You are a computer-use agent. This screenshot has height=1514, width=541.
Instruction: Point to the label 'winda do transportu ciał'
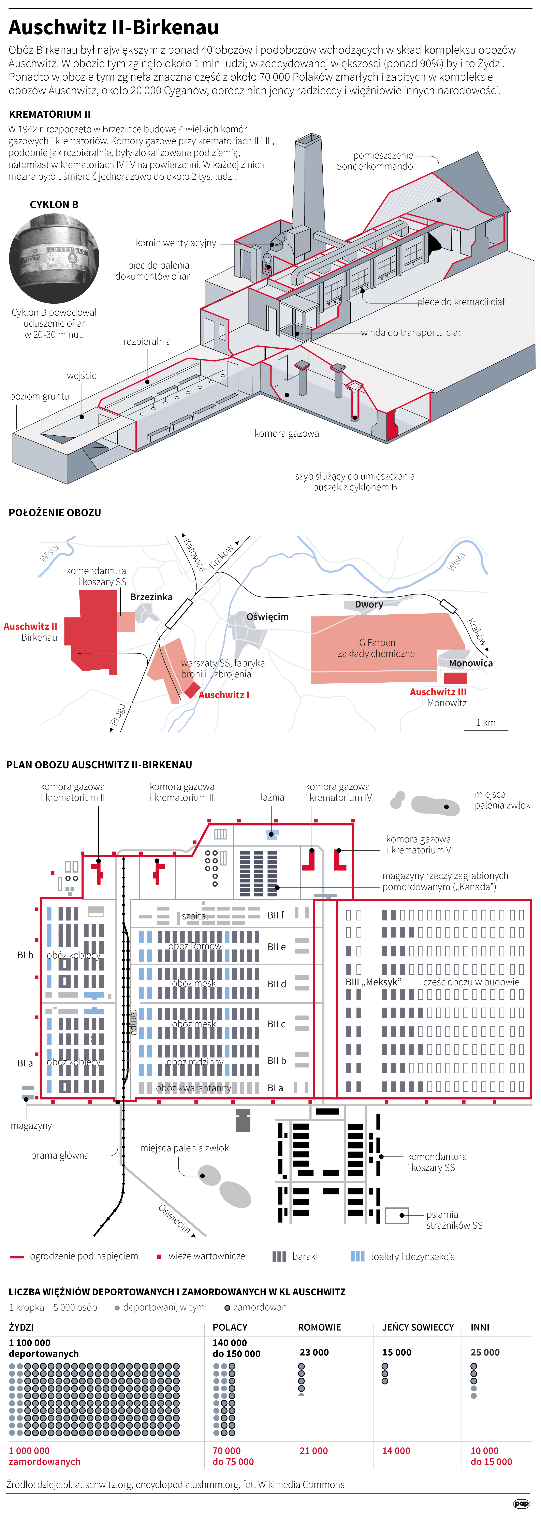(410, 333)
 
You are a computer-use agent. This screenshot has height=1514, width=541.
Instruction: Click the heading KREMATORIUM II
(50, 114)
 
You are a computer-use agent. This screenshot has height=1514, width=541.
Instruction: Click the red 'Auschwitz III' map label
(438, 692)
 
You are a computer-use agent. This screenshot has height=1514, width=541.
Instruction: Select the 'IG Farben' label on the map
(376, 642)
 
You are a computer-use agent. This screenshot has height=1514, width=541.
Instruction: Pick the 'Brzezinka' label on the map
(151, 597)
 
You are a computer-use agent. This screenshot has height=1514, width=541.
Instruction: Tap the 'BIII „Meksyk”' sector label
(374, 982)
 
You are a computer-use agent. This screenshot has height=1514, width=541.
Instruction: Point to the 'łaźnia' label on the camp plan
(272, 797)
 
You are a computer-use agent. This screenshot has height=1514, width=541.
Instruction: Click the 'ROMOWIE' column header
(320, 1327)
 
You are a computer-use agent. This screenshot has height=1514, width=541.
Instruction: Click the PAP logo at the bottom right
(521, 1503)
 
